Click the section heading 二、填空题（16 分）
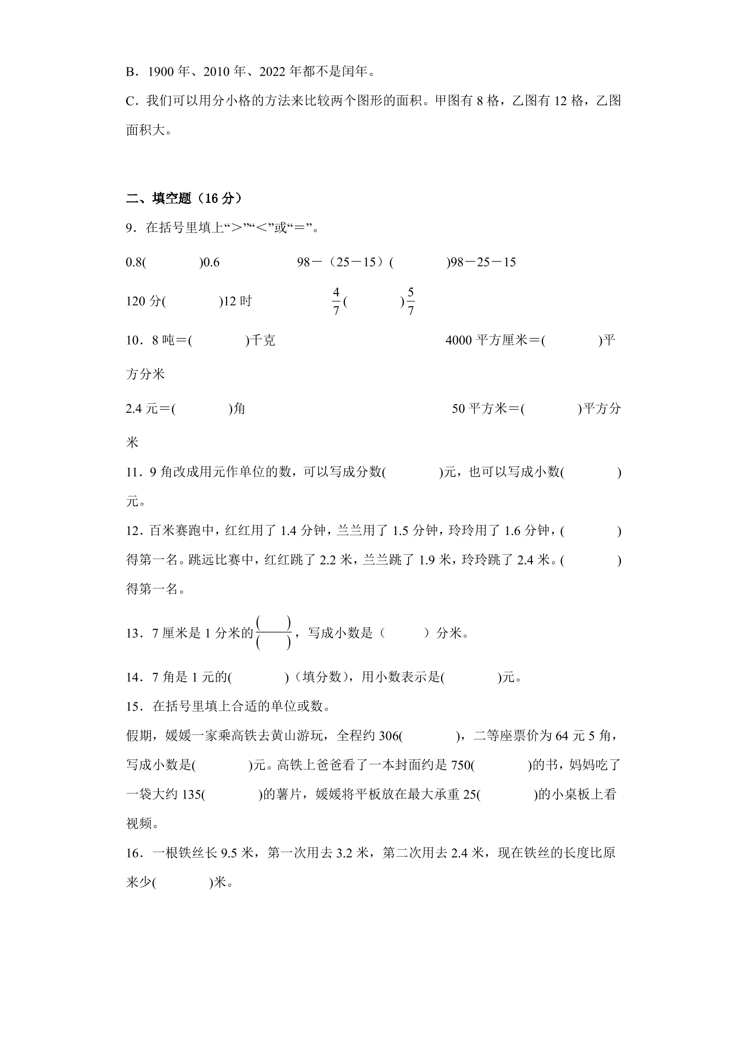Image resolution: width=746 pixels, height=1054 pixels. (x=184, y=199)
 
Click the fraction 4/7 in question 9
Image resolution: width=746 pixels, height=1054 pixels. (x=336, y=302)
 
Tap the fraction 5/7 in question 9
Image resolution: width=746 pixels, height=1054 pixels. (x=411, y=302)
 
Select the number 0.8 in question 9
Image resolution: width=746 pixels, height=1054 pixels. (x=133, y=262)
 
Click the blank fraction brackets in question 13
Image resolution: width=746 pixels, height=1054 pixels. (x=273, y=633)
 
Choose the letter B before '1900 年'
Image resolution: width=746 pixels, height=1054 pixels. (x=130, y=72)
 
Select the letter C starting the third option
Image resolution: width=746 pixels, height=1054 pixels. (x=130, y=101)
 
